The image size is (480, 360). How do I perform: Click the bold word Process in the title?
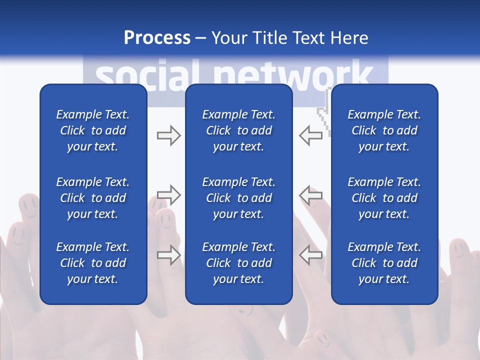(x=157, y=38)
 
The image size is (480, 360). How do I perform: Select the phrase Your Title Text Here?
(x=289, y=38)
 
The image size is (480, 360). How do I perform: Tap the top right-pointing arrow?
(x=168, y=135)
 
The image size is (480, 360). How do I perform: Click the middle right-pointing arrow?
(x=168, y=195)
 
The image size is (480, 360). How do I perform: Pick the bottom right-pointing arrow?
(x=168, y=254)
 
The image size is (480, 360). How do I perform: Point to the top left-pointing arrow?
(x=310, y=135)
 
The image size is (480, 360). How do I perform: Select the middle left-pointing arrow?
(x=310, y=195)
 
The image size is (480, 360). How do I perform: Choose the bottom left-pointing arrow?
(x=310, y=254)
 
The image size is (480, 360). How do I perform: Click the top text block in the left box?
(x=93, y=130)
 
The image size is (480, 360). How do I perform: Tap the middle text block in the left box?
(x=93, y=198)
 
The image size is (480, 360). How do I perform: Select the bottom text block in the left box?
(x=93, y=263)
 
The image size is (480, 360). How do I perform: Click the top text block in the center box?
(x=238, y=130)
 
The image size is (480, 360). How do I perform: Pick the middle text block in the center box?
(x=238, y=198)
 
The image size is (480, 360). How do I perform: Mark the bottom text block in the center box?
(x=238, y=263)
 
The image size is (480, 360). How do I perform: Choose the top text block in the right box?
(x=384, y=130)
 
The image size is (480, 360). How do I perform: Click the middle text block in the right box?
(x=384, y=198)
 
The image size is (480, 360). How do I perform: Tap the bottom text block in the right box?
(x=384, y=263)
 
